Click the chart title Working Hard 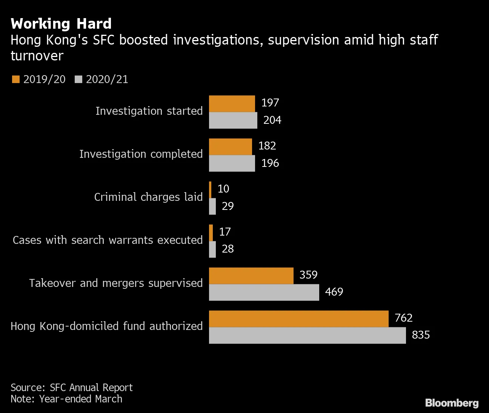click(61, 24)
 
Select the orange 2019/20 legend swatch click(15, 79)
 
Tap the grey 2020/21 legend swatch click(78, 79)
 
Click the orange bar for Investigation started click(232, 104)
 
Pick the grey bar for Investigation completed click(232, 163)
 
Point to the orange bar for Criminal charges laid click(210, 190)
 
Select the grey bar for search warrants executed click(212, 250)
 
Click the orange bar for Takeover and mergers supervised click(251, 276)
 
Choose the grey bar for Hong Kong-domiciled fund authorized click(307, 335)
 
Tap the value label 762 click(403, 318)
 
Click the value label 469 click(334, 292)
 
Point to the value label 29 click(228, 206)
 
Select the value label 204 click(272, 120)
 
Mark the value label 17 click(225, 232)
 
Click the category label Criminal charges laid click(148, 197)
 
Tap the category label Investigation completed click(141, 154)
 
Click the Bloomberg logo click(452, 403)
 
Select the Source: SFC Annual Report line click(72, 388)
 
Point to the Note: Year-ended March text click(66, 399)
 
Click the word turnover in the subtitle click(37, 56)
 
